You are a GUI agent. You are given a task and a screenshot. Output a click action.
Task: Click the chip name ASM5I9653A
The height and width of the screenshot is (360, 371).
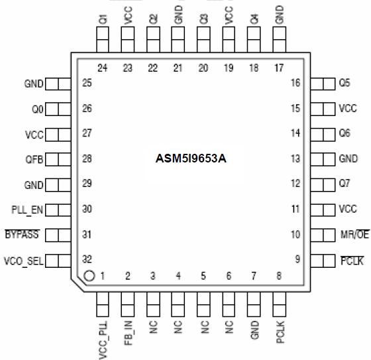(x=190, y=159)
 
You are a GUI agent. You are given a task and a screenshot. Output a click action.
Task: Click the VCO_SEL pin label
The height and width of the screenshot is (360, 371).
(x=23, y=261)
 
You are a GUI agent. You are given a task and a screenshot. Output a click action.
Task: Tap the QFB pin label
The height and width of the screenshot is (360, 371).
(x=34, y=160)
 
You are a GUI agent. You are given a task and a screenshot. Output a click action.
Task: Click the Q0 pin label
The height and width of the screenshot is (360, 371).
(x=37, y=109)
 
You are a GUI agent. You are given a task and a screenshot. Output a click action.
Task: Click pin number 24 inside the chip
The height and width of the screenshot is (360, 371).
(x=103, y=68)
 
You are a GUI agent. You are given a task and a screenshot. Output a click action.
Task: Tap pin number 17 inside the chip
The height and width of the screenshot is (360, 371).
(x=279, y=68)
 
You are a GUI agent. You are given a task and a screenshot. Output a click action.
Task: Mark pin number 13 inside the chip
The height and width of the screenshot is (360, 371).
(x=295, y=159)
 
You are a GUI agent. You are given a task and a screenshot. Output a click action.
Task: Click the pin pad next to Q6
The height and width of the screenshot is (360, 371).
(x=323, y=134)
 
